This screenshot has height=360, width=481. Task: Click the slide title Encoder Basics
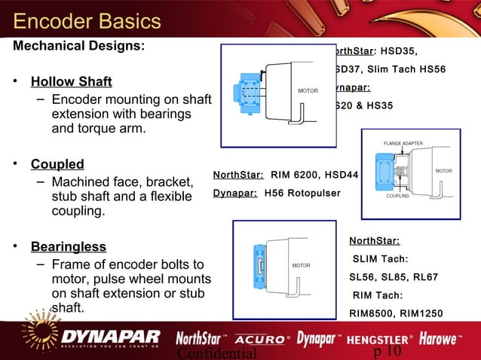click(x=87, y=20)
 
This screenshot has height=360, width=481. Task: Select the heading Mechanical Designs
click(x=78, y=45)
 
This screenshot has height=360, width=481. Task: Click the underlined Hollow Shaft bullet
click(x=71, y=81)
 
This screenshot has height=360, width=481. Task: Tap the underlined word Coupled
click(x=57, y=164)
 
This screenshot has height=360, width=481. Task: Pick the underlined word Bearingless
click(x=69, y=247)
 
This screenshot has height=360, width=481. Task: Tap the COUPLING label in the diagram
click(x=397, y=196)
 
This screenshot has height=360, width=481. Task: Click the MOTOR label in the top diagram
click(x=308, y=91)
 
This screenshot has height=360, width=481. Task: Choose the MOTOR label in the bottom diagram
click(x=302, y=266)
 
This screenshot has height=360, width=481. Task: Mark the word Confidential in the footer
click(x=216, y=352)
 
